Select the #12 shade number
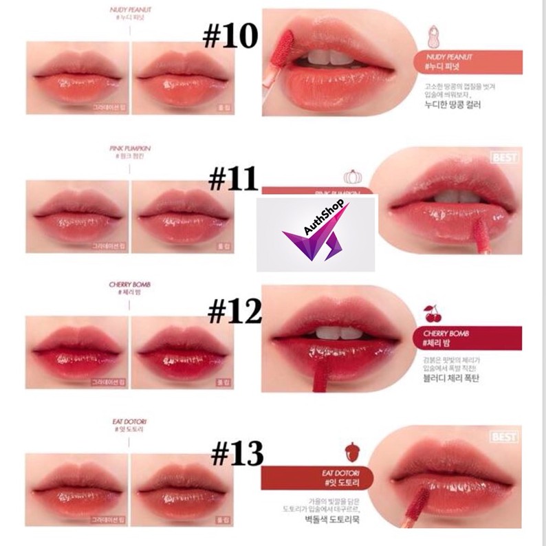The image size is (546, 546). tap(234, 312)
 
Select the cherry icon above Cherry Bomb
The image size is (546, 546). tap(433, 314)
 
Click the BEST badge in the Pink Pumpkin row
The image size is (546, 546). tap(525, 157)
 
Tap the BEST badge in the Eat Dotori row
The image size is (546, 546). tap(525, 435)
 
